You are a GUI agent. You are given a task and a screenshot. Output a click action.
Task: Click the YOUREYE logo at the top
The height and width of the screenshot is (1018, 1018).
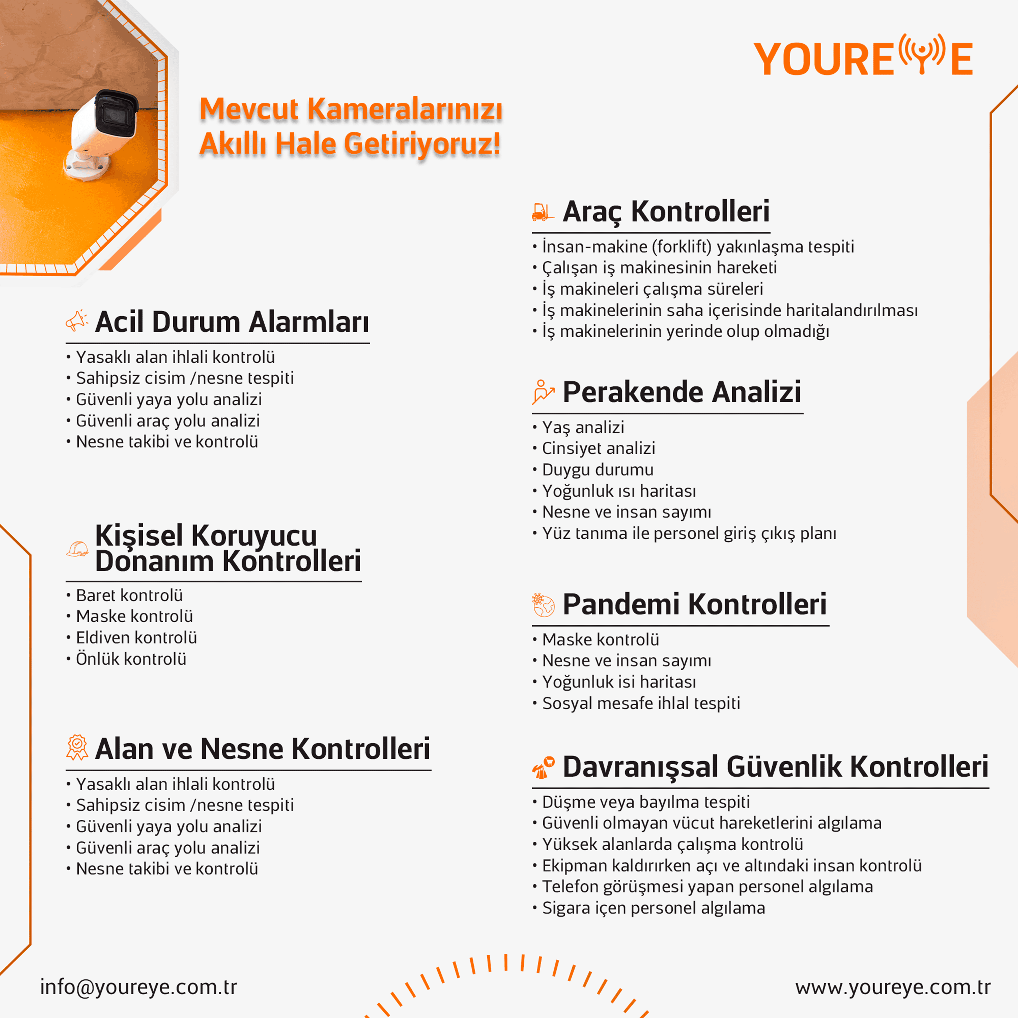(x=863, y=57)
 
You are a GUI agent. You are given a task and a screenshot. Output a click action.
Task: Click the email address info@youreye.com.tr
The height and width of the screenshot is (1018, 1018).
(x=139, y=987)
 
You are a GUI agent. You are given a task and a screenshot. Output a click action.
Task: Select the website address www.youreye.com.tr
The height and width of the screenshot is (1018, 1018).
(x=893, y=987)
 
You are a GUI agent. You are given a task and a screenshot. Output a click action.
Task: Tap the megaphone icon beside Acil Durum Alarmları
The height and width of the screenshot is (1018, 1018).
(x=77, y=320)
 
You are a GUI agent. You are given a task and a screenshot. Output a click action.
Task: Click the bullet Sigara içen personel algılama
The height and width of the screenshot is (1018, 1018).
(x=653, y=908)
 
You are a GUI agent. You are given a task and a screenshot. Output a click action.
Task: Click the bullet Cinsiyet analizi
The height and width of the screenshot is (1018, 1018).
(x=599, y=448)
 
